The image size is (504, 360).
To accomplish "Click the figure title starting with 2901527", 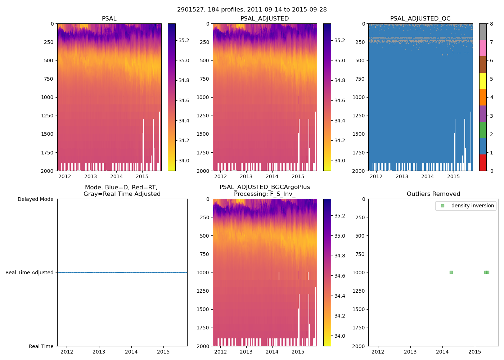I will (252, 10).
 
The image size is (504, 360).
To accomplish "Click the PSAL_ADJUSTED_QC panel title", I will (420, 19).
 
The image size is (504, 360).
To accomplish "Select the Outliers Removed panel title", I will (433, 194).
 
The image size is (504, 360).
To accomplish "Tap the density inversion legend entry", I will (472, 206).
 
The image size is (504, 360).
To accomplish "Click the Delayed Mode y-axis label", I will (35, 199).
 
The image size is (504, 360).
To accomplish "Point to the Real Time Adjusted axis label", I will (30, 273).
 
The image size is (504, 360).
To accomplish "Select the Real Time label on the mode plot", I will (41, 346).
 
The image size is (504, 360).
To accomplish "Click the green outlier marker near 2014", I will (451, 272).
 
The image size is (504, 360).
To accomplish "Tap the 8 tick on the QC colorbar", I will (491, 24).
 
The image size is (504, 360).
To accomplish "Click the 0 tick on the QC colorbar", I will (491, 171).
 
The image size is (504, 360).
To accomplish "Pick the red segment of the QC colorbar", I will (483, 162).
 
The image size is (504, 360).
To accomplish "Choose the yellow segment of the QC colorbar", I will (483, 81).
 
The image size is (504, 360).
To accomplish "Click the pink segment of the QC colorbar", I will (483, 48).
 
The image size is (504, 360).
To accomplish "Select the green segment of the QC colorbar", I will (483, 130).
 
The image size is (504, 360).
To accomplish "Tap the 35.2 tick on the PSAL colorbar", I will (184, 40).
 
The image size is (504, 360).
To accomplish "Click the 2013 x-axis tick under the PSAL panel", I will (90, 176).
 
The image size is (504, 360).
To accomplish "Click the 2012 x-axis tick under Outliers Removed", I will (378, 352).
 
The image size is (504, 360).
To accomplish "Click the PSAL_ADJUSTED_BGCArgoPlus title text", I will (265, 187).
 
